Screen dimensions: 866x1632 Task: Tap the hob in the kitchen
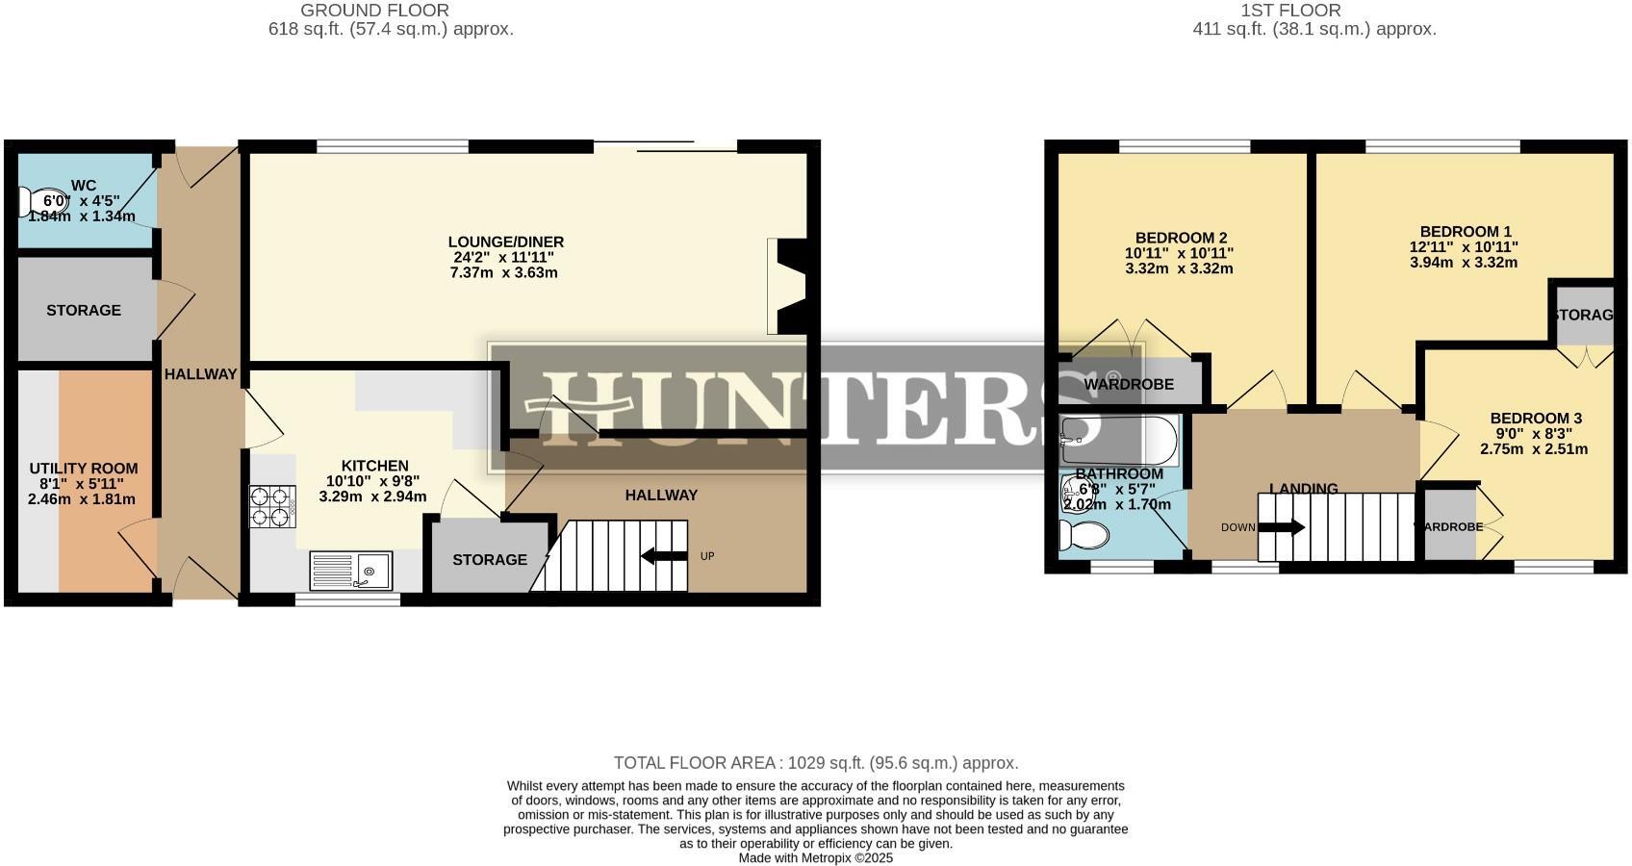coord(272,506)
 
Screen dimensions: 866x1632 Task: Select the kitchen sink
coord(351,571)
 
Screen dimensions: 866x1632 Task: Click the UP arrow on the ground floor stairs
coord(664,555)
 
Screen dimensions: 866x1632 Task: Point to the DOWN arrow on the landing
coord(1281,527)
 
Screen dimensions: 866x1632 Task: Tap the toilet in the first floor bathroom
coord(1083,535)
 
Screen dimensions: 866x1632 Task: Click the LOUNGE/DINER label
coord(505,242)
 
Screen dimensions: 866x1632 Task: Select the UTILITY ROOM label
coord(83,469)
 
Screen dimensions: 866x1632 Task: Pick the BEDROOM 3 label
coord(1535,418)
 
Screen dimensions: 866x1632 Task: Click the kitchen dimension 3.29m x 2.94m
coord(372,497)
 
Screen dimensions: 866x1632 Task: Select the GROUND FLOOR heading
coord(374,11)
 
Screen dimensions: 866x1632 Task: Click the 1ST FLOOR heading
coord(1289,11)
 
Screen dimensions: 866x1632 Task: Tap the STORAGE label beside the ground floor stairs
coord(490,560)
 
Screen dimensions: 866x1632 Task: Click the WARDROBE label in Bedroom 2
coord(1128,384)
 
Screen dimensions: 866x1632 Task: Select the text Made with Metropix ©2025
coord(815,857)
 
